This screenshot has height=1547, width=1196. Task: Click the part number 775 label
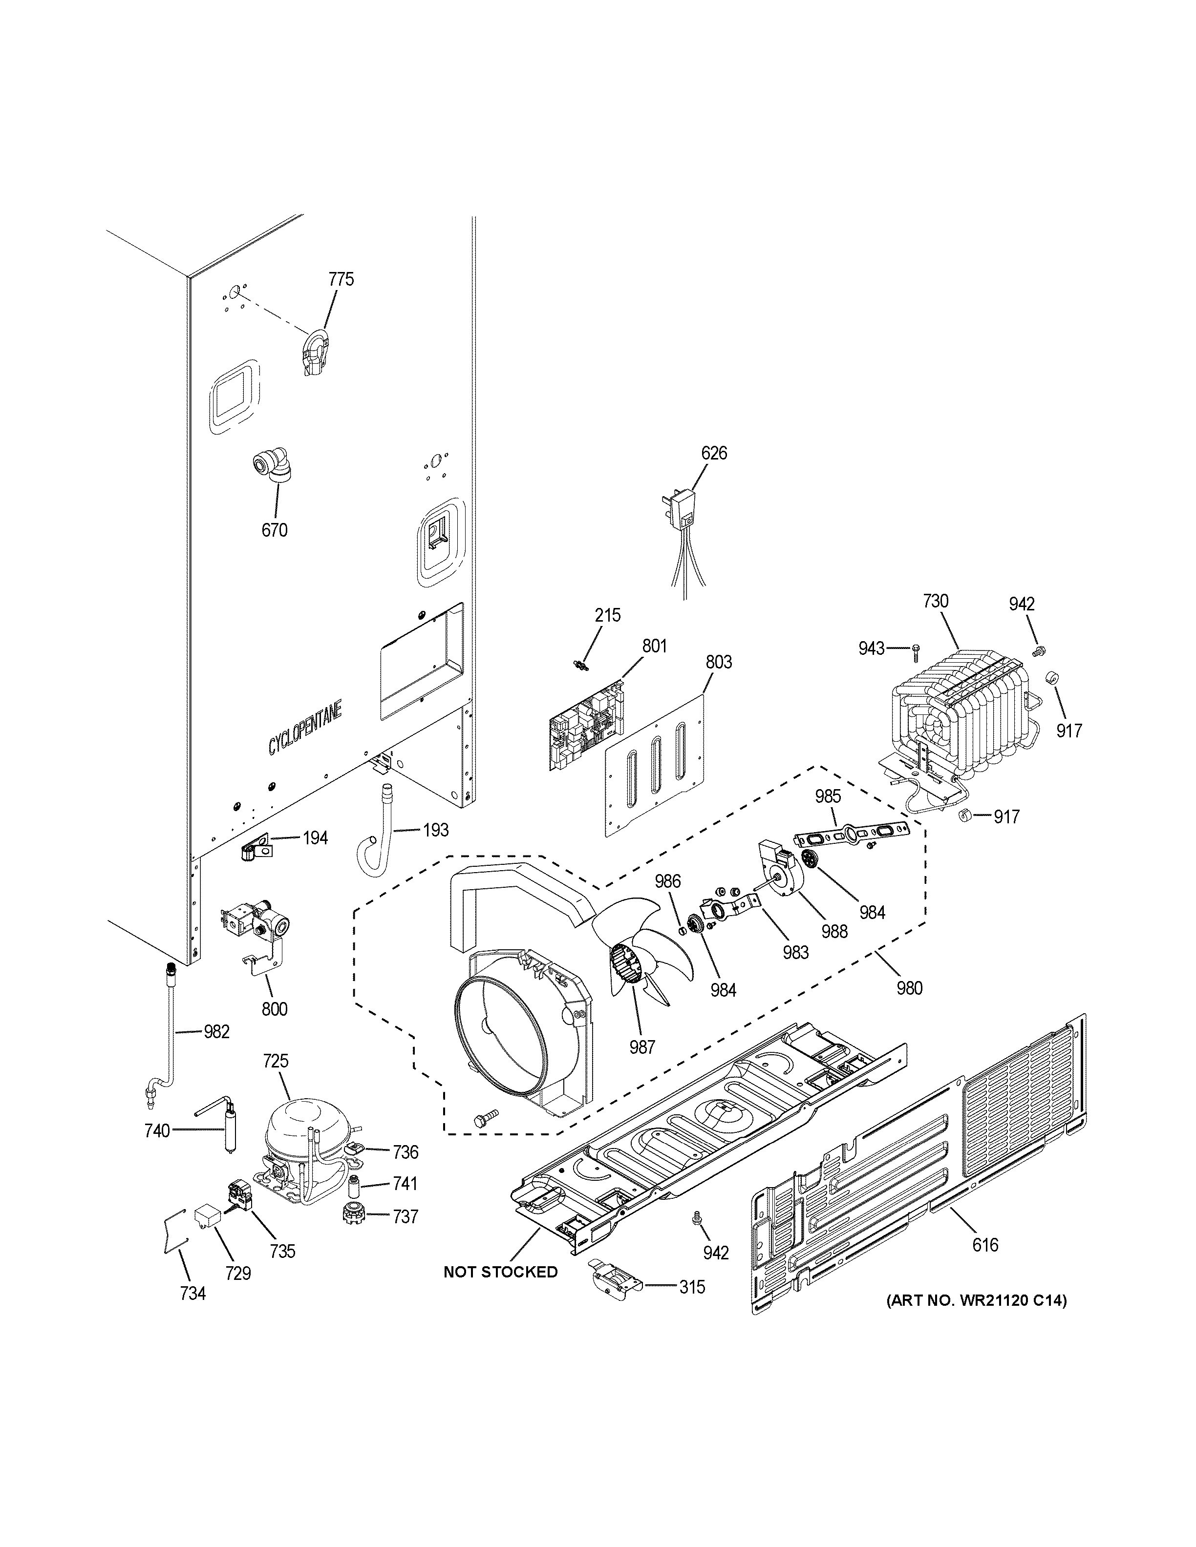tap(341, 279)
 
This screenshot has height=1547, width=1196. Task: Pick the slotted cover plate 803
tap(655, 769)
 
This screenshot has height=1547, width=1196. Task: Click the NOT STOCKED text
tap(500, 1272)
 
